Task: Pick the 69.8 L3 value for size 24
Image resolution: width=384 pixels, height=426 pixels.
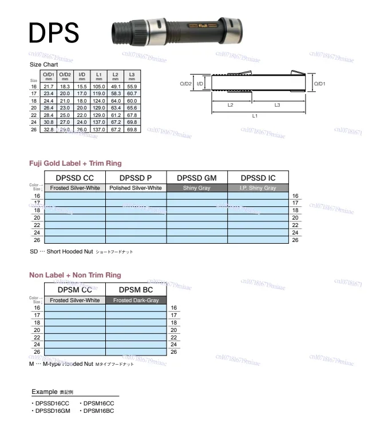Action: [x=132, y=123]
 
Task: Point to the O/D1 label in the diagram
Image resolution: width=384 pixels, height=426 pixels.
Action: [x=319, y=84]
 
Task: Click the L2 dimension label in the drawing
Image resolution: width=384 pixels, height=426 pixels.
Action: [x=230, y=105]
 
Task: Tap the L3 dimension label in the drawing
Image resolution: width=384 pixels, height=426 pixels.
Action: [x=277, y=105]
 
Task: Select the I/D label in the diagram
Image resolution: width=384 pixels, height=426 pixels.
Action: [x=200, y=84]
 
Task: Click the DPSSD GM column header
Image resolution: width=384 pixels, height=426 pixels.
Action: [x=197, y=178]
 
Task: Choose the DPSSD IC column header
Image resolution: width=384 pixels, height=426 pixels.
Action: [x=258, y=178]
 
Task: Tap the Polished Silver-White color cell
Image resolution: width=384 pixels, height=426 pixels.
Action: [x=136, y=188]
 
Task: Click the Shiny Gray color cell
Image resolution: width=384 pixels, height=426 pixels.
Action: [x=197, y=188]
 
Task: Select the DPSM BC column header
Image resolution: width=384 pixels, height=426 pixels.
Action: [x=136, y=291]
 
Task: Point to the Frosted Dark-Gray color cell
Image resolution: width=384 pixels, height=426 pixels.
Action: [x=136, y=300]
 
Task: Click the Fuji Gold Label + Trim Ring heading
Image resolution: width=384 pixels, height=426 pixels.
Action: [x=76, y=163]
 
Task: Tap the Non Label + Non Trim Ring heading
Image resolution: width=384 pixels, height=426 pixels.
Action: [x=75, y=275]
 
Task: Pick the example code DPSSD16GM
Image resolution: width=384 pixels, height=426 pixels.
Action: [x=52, y=411]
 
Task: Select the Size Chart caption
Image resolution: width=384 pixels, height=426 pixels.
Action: [x=43, y=65]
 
